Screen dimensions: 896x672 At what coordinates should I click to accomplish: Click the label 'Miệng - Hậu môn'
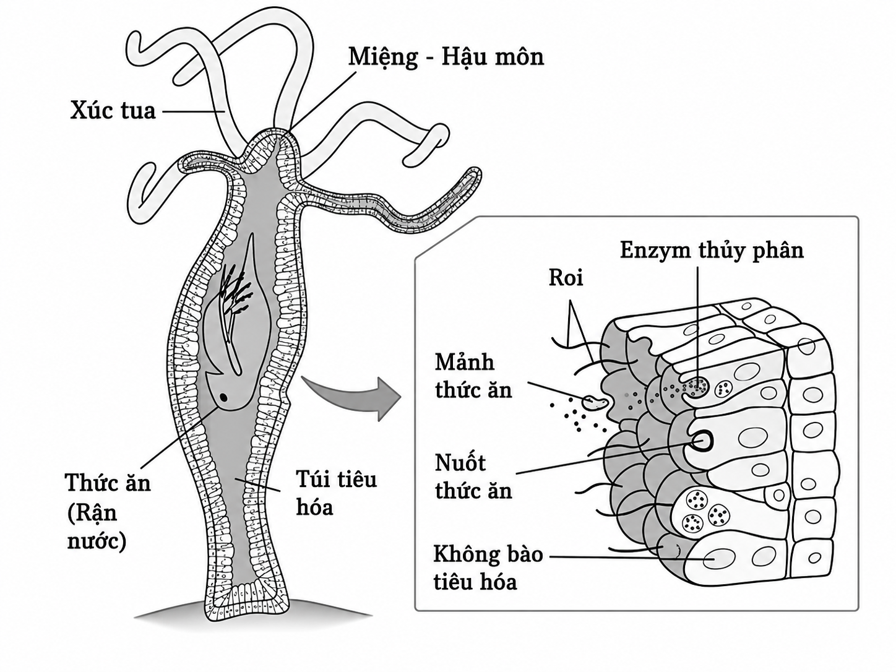(x=446, y=57)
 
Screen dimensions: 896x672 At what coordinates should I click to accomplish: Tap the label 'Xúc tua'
(x=113, y=111)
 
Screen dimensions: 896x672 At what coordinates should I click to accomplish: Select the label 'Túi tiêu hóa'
(x=336, y=493)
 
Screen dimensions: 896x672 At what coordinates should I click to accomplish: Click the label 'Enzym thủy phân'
(x=712, y=251)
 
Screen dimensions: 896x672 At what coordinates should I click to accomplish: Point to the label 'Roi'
(x=566, y=278)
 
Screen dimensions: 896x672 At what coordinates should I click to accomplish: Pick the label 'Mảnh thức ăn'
(x=473, y=376)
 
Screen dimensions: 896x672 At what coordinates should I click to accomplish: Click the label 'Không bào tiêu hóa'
(x=488, y=567)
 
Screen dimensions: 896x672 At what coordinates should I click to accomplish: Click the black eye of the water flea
(x=223, y=397)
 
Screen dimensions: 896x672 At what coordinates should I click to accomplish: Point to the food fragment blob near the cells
(x=594, y=402)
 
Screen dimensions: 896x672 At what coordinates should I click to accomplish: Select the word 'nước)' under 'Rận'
(x=97, y=541)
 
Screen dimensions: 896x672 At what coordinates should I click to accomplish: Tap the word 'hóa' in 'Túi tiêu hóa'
(x=314, y=507)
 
